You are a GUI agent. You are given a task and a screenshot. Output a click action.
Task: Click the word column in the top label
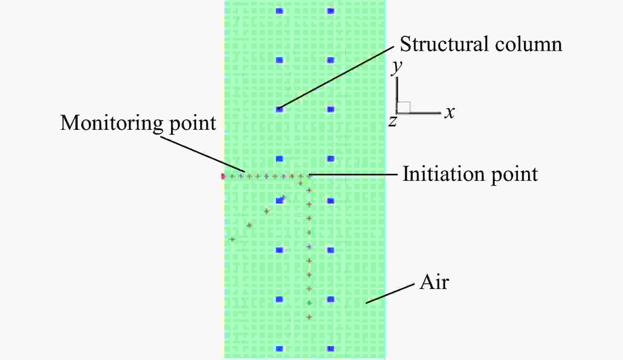529,44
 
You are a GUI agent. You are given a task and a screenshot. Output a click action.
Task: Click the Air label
434,282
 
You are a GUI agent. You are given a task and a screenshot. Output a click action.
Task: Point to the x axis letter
450,112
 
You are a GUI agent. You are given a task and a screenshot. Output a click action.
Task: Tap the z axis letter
392,121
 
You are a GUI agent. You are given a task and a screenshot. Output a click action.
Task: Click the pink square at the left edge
223,176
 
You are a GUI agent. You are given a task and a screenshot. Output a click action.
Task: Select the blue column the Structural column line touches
279,109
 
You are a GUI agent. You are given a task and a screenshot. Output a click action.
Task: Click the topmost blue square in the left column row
279,11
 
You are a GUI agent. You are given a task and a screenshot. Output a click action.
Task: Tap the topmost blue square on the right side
331,11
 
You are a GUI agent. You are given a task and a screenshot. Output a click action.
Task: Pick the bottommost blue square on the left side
279,349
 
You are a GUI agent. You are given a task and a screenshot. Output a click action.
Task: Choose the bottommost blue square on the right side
331,349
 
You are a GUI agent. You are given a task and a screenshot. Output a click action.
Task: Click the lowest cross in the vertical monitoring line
309,317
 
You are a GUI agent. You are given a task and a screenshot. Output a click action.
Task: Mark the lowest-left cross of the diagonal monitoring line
232,239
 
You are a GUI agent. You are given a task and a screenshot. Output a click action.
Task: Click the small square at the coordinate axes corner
404,107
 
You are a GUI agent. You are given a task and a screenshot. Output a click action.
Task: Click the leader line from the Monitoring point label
202,153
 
